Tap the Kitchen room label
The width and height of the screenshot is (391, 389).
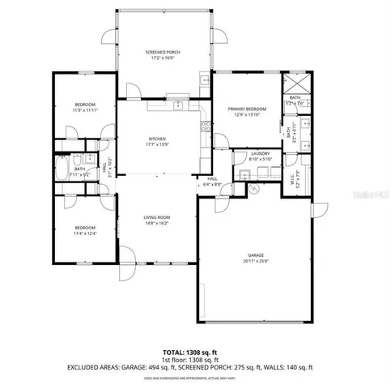[x=157, y=139]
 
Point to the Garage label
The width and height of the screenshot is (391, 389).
[x=256, y=255]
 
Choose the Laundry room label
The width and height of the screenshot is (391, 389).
[x=260, y=153]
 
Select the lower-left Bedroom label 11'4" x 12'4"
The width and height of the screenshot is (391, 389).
[x=85, y=227]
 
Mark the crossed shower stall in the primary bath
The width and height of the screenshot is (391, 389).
[x=294, y=85]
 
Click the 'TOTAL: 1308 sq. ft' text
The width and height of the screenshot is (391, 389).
[x=194, y=353]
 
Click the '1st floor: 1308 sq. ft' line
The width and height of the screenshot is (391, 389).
[x=194, y=360]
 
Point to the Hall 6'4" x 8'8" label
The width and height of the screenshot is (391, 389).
[x=213, y=182]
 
